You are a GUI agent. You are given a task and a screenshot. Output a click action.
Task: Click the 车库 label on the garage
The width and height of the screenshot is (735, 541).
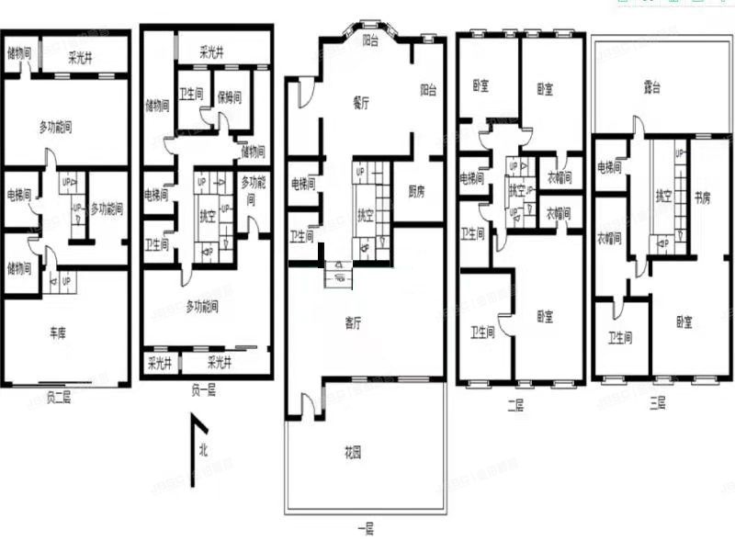57,333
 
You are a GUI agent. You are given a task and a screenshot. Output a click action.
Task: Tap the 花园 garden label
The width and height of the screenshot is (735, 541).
353,453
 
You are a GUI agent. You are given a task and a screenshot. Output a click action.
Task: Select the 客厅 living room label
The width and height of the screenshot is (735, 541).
353,322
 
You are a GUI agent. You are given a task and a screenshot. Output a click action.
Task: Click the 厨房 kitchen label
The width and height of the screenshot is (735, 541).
416,192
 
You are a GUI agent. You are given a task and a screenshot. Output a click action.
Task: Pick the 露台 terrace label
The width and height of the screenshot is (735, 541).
653,88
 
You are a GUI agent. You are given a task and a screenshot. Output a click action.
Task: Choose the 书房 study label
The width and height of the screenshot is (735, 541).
703,197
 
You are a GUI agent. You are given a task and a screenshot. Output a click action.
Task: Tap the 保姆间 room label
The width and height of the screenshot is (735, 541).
229,96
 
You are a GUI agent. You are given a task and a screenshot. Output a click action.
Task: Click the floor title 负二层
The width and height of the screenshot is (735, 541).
58,396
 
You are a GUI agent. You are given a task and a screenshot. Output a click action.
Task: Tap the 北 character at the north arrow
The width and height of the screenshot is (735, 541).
202,449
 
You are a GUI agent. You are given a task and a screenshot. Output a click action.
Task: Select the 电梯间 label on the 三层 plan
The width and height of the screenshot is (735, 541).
610,167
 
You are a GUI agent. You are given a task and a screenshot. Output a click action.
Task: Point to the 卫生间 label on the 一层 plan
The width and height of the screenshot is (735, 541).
302,236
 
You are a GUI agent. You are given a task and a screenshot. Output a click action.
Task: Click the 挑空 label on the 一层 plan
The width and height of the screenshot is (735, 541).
365,216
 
